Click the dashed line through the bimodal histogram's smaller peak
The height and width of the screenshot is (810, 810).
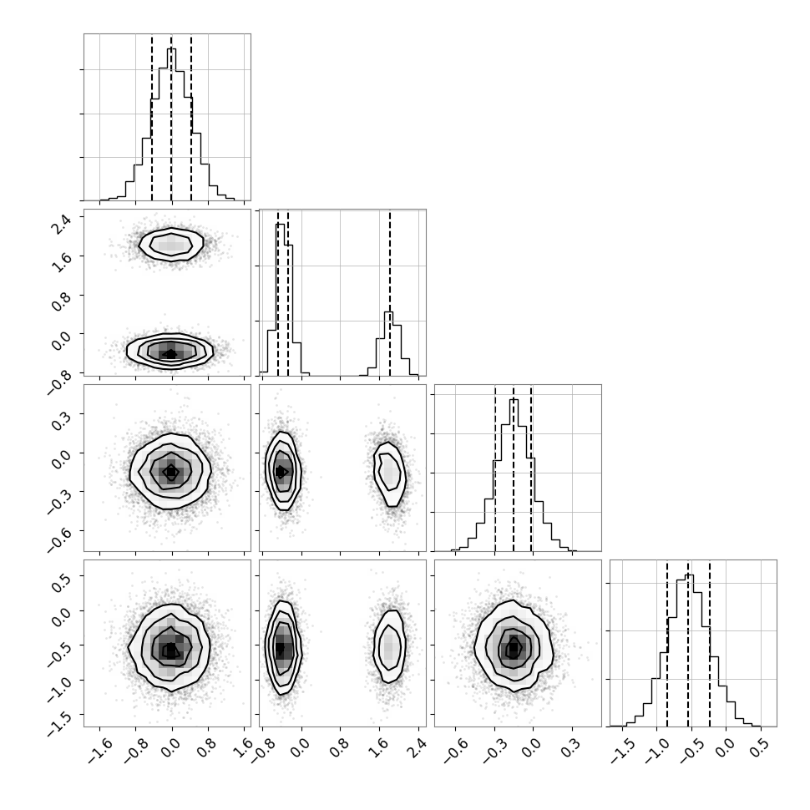390,293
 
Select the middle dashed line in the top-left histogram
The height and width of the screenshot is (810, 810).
171,118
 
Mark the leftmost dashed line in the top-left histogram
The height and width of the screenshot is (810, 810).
152,118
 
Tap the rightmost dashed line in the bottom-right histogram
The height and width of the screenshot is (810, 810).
710,644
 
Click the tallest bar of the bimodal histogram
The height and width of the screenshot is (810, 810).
281,300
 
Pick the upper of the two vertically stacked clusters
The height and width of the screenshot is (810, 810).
171,243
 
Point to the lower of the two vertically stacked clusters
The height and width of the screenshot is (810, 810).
170,352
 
